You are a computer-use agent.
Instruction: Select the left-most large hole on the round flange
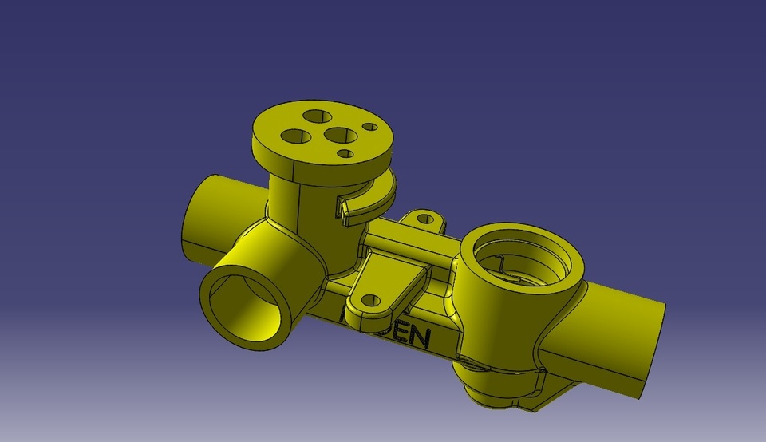[x=297, y=136]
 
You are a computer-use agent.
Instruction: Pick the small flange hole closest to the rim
[x=369, y=126]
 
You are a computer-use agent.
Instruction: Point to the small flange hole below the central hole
[x=345, y=153]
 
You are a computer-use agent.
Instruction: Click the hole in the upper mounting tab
[x=425, y=217]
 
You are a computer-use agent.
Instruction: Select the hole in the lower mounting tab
[x=369, y=301]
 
